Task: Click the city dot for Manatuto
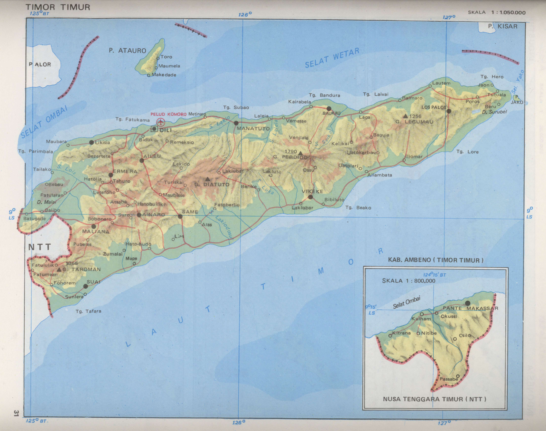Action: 236,123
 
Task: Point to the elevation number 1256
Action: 415,116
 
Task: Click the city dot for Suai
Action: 86,286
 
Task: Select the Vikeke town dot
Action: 310,197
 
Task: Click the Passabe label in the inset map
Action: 449,386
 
